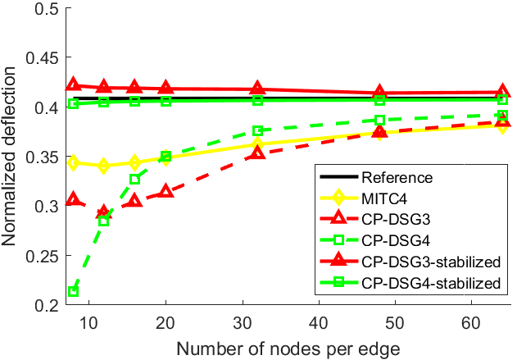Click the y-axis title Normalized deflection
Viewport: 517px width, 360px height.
coord(11,156)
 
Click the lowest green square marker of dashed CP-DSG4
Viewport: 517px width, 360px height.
coord(73,291)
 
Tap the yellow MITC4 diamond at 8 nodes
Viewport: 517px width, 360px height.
coord(73,163)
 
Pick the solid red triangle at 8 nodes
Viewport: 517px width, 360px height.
coord(73,85)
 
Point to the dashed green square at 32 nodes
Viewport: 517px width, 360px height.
coord(257,130)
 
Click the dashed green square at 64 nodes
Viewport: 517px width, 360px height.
coord(502,116)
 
